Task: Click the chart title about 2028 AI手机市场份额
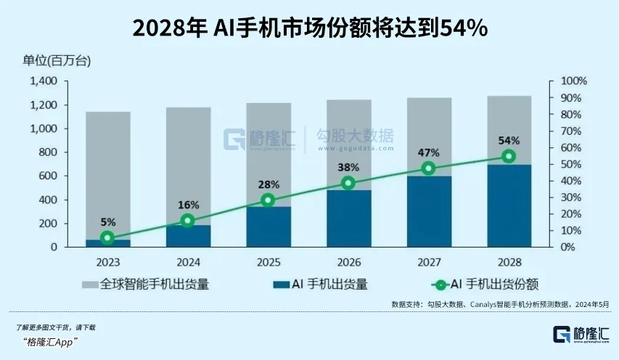tap(310, 28)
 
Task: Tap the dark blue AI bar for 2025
tap(268, 226)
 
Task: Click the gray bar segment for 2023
tap(108, 174)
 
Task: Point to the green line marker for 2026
tap(348, 183)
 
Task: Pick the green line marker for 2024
tap(187, 220)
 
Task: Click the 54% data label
tap(509, 140)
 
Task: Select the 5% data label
tap(107, 222)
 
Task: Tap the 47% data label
tap(429, 152)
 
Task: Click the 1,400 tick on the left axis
tap(46, 81)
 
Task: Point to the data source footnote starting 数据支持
tap(500, 305)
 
